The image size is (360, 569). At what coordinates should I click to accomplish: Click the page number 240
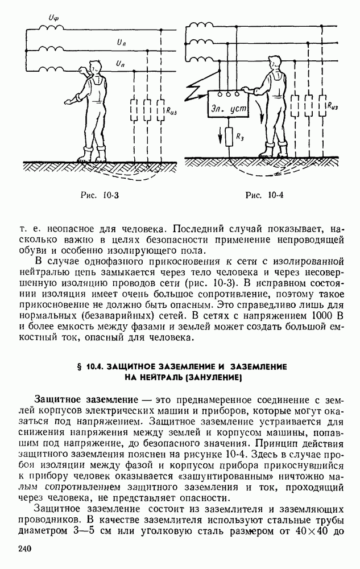pyautogui.click(x=24, y=549)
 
